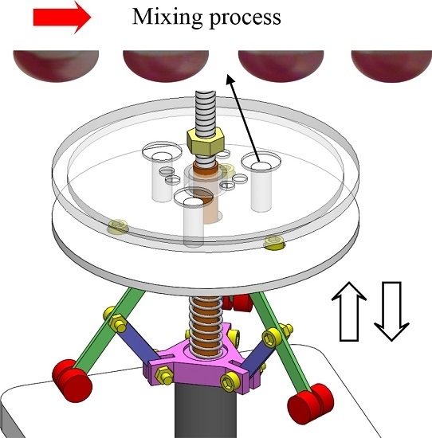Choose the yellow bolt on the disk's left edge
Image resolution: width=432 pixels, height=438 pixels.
point(119,227)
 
